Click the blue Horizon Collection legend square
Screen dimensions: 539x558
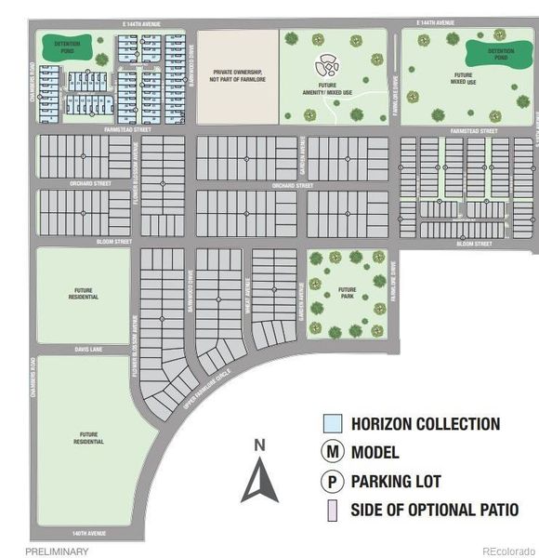point(331,424)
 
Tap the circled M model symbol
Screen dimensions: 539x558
point(331,453)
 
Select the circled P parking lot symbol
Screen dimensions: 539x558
point(331,482)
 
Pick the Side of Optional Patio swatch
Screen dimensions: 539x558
point(331,510)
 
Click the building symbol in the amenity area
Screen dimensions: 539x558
point(326,65)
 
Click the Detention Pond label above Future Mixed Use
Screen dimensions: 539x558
point(489,53)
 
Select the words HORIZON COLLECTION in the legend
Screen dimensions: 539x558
point(426,424)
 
